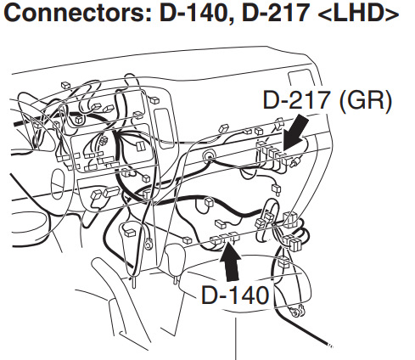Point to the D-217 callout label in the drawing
click(296, 100)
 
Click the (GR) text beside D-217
click(366, 101)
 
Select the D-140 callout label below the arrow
click(235, 295)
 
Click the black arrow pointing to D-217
click(295, 133)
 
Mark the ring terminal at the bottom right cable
click(296, 312)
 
